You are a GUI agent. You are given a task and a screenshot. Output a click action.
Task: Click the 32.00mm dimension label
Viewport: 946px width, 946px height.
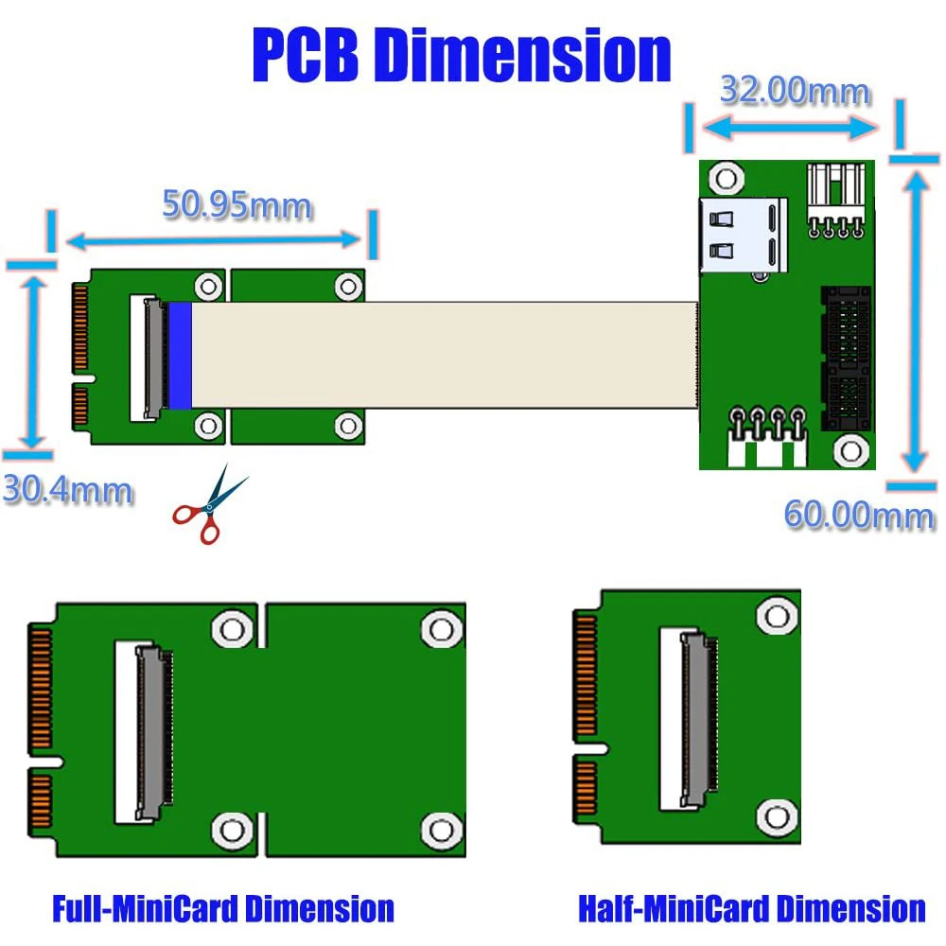click(x=795, y=92)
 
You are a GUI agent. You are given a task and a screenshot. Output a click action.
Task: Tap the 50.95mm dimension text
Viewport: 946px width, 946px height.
click(x=236, y=204)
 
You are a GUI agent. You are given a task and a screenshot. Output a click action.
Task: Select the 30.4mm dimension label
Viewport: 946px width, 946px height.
click(x=66, y=490)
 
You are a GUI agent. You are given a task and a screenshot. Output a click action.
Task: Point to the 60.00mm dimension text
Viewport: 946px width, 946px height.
click(x=859, y=516)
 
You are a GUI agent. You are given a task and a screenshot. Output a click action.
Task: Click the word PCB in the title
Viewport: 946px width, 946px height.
click(x=307, y=56)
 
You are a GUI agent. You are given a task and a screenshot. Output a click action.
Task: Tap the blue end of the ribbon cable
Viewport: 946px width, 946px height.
click(x=180, y=356)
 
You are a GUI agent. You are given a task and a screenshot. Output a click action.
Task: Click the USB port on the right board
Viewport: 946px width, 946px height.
click(x=743, y=236)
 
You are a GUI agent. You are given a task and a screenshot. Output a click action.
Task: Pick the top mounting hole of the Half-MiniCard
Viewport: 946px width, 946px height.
click(x=777, y=617)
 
